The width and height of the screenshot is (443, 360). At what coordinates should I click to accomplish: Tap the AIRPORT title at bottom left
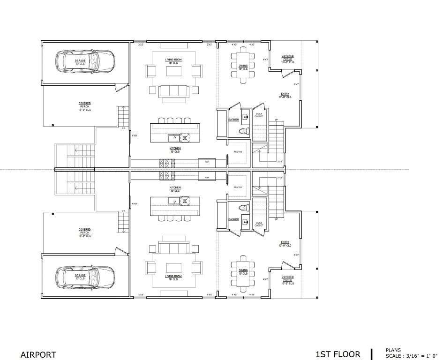38,355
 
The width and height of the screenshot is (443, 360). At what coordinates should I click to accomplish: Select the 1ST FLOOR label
338,354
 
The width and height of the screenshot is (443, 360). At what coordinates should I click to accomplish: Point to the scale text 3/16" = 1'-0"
412,356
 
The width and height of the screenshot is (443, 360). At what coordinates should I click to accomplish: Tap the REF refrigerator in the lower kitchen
207,178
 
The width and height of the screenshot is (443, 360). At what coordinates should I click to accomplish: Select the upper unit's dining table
243,67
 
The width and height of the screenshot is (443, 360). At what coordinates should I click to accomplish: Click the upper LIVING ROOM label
173,61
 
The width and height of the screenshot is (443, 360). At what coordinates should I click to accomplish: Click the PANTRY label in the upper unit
238,151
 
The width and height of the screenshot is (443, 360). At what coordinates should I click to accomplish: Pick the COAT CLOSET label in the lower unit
259,224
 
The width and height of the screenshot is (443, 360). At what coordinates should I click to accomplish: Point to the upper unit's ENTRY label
285,95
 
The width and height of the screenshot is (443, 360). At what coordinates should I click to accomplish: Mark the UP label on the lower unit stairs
277,219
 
